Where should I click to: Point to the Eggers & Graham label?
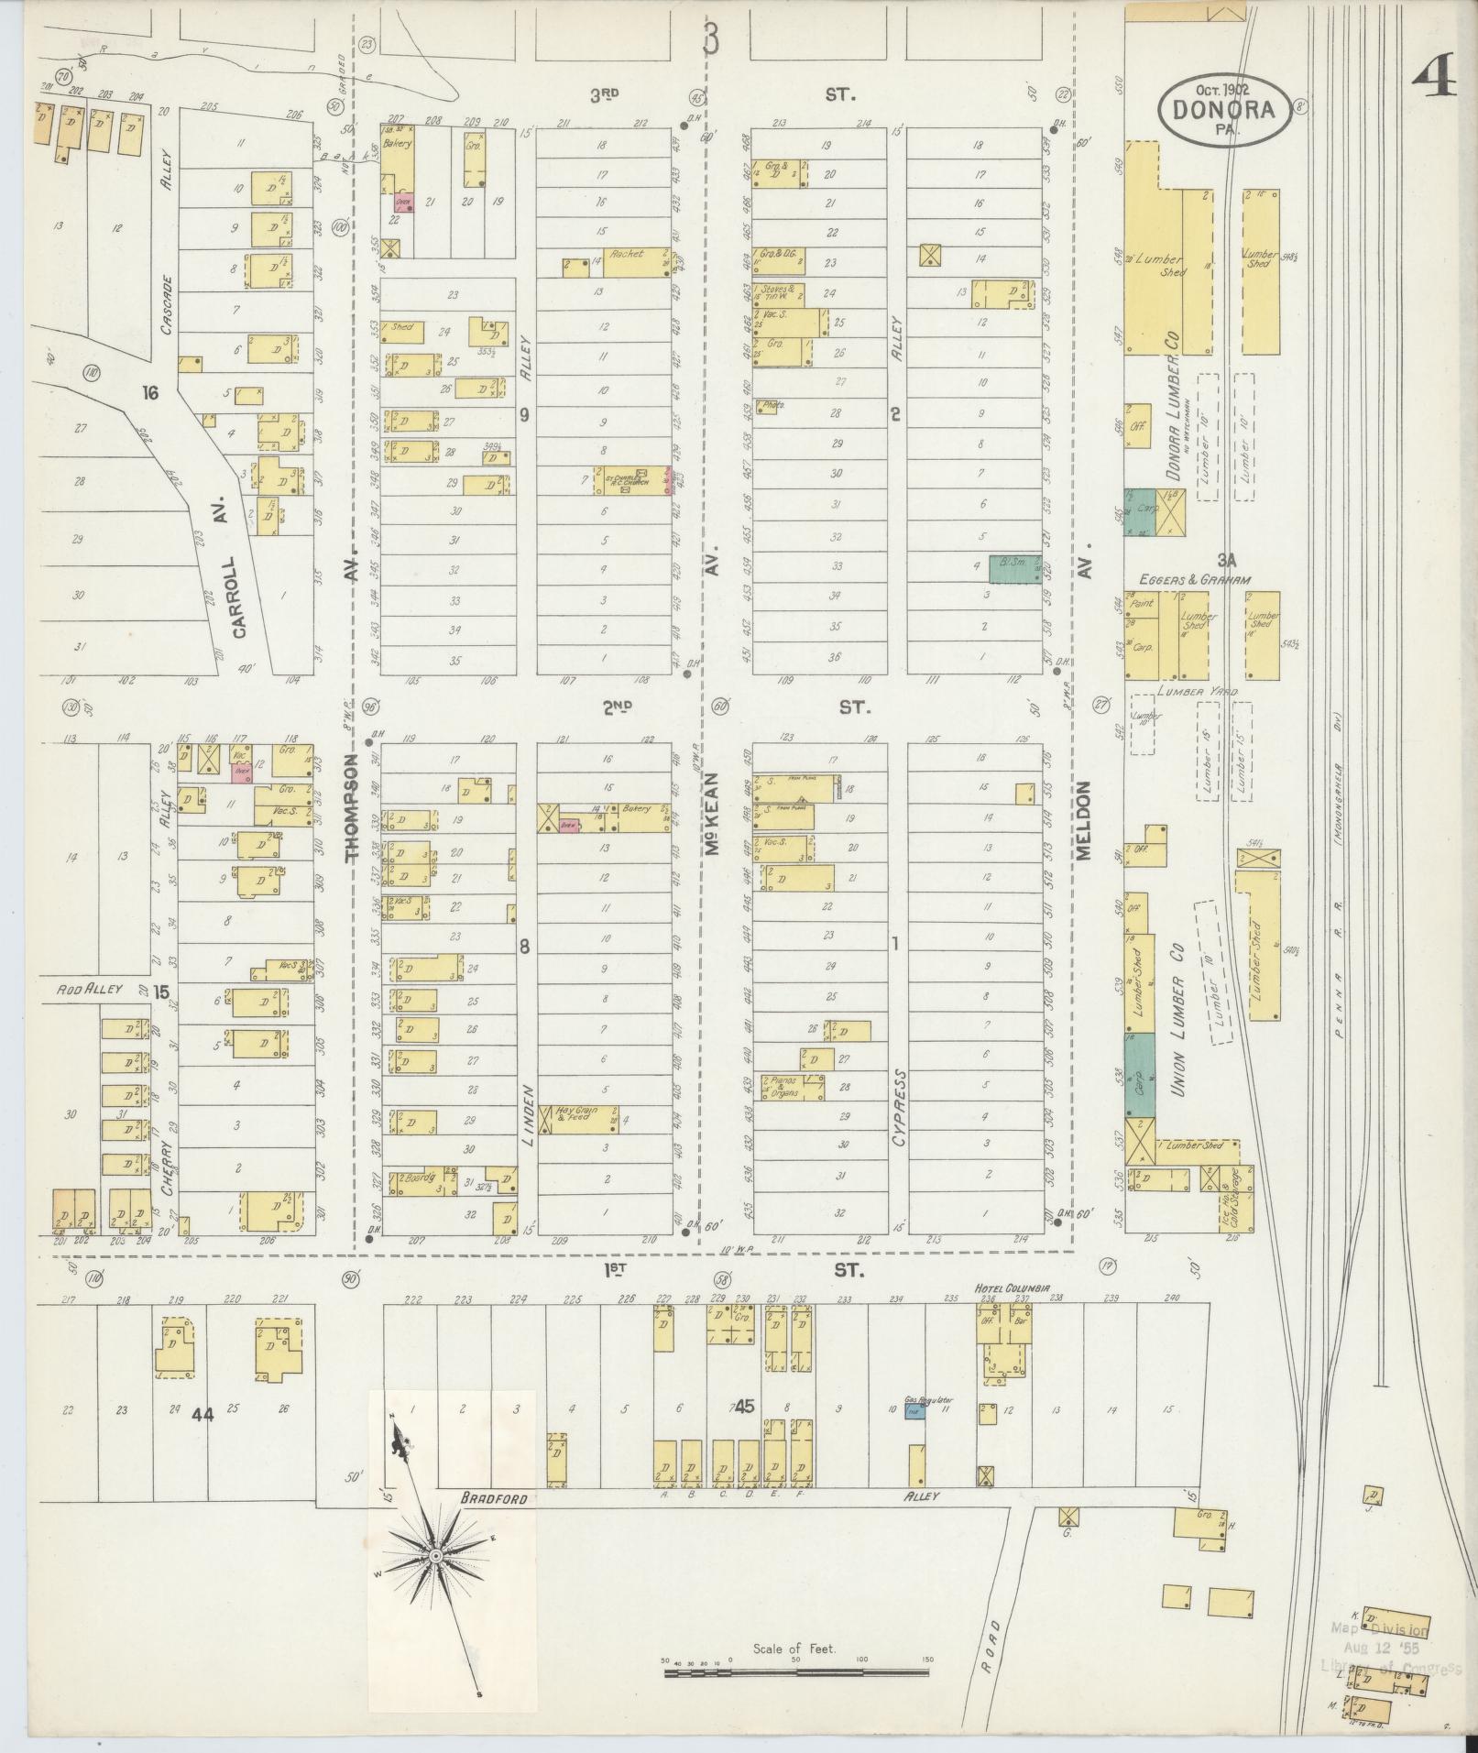click(x=1196, y=579)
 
